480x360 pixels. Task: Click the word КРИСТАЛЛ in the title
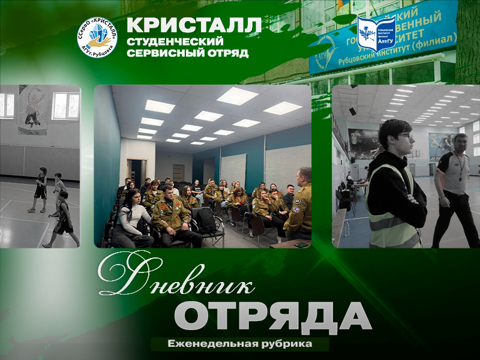click(195, 26)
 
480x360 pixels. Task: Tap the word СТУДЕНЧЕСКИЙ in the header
click(175, 41)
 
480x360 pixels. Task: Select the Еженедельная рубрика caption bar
click(240, 344)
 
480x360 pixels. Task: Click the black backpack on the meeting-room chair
click(206, 221)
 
